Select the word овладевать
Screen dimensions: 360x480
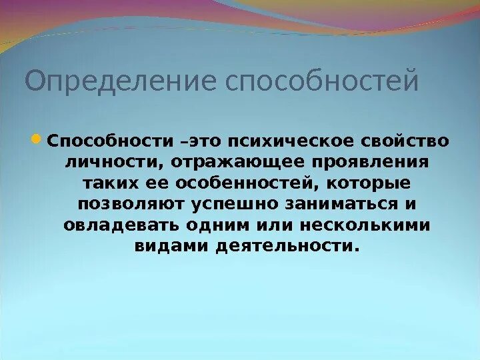tap(114, 225)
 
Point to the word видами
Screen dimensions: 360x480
tap(170, 246)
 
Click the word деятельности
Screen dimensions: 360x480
tap(287, 246)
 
